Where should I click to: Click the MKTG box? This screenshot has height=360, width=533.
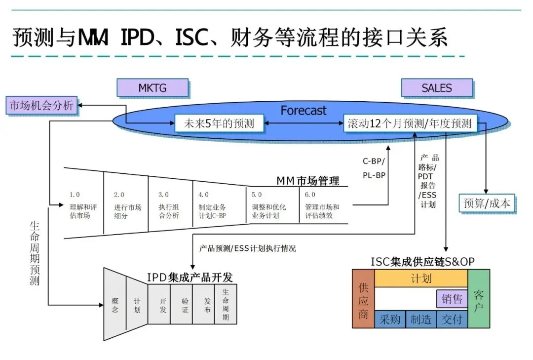pos(152,88)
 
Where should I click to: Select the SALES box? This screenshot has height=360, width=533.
pos(436,88)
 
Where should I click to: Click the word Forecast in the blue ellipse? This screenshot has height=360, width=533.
pos(304,110)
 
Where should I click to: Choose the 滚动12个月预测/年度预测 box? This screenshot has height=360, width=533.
pos(410,123)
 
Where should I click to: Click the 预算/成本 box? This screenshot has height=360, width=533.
pos(487,203)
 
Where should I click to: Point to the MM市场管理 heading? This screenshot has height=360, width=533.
pos(307,181)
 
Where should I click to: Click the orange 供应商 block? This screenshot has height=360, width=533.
pos(363,299)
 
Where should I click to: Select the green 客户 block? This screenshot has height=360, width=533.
pos(478,299)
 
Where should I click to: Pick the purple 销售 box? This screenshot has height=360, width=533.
pos(452,299)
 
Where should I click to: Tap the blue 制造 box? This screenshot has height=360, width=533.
pos(421,320)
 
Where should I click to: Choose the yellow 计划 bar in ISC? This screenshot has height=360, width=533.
pos(421,278)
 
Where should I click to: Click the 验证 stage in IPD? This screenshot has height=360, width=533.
pos(185,305)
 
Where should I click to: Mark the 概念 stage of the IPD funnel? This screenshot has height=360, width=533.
pos(114,305)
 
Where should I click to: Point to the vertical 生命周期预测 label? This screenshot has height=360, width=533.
pos(35,252)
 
